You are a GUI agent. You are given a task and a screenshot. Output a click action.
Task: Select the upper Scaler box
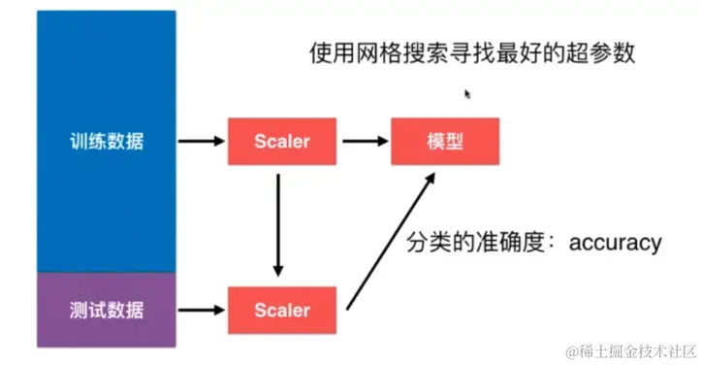tap(281, 142)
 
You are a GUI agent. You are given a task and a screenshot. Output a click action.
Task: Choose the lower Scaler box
tap(281, 311)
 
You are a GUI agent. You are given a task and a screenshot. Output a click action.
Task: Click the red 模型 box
tap(445, 142)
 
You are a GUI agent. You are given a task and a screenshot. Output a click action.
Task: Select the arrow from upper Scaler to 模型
tap(363, 142)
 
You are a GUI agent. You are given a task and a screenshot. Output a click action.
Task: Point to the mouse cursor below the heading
tap(468, 94)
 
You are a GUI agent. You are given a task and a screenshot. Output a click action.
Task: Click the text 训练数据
tap(107, 142)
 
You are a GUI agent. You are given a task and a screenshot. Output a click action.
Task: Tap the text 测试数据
tap(107, 311)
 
